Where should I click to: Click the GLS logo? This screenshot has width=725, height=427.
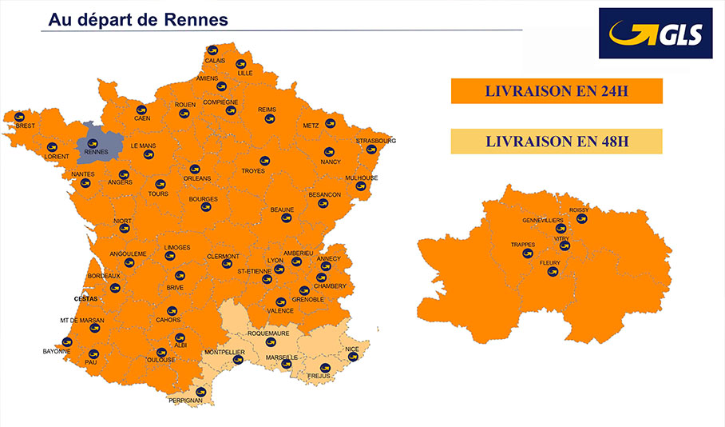(x=655, y=34)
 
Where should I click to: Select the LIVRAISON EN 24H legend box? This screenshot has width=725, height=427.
(x=557, y=91)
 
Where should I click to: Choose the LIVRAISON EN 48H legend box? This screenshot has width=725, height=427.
(x=557, y=141)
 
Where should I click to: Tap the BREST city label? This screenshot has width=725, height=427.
(x=26, y=126)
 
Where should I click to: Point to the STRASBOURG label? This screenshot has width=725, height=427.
(x=375, y=140)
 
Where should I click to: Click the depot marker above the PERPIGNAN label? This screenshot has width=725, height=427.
(x=200, y=392)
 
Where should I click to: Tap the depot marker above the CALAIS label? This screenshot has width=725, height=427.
(x=212, y=50)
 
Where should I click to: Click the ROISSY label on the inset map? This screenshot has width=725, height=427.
(x=579, y=210)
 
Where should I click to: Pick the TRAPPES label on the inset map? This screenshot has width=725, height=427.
(x=523, y=244)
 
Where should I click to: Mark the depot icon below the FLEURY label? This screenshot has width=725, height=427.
(x=550, y=272)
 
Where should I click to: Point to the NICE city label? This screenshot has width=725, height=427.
(x=352, y=349)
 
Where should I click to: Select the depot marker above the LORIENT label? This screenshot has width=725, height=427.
(x=52, y=147)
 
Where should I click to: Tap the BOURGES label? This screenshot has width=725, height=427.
(x=203, y=199)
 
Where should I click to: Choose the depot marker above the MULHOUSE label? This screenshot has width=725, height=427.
(x=361, y=186)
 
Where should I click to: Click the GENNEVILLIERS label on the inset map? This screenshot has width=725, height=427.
(x=542, y=220)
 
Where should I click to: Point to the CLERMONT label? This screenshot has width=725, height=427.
(x=223, y=256)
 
